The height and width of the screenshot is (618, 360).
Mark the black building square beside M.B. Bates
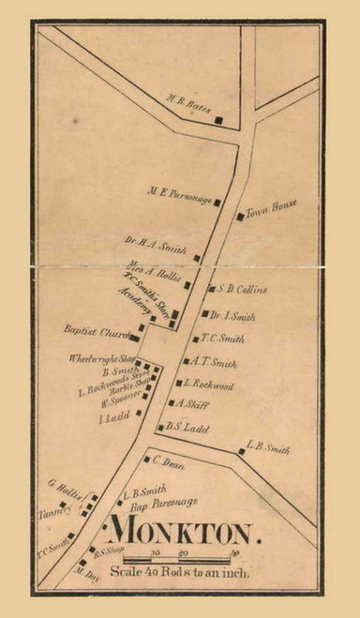[x=219, y=120]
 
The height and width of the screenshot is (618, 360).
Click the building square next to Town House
[x=240, y=218]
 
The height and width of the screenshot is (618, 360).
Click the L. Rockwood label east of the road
[x=206, y=384]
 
